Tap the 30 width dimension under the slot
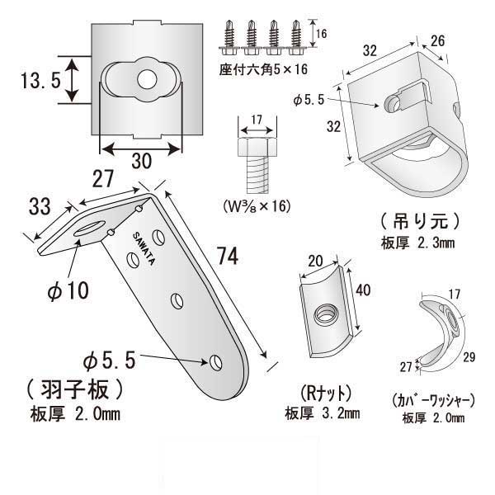point(141,163)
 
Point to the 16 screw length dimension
point(323,33)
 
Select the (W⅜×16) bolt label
point(253,205)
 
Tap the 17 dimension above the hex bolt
point(254,119)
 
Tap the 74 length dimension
point(229,257)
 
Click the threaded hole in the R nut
point(325,312)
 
